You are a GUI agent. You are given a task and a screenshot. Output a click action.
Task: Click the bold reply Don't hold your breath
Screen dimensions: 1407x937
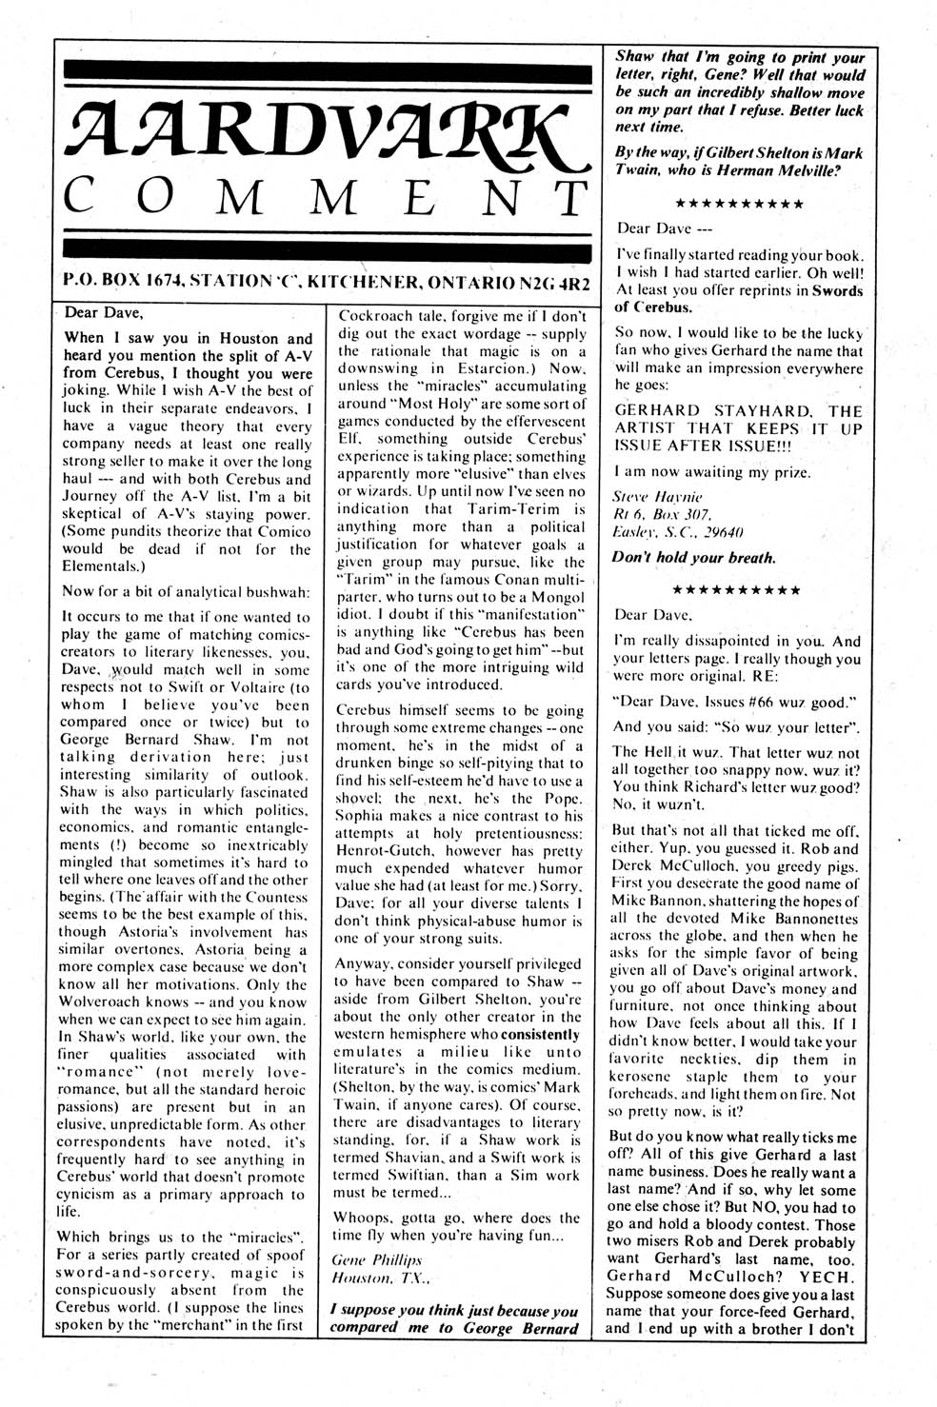695,558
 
